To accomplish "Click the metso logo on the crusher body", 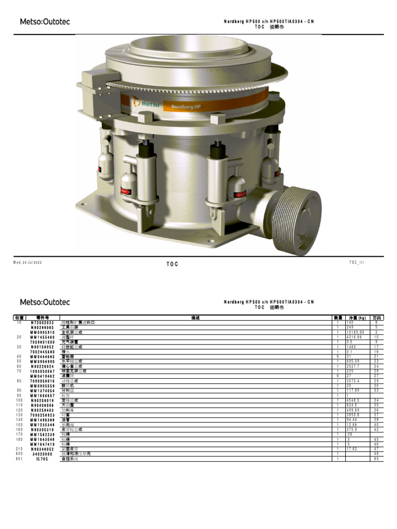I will click(x=146, y=103).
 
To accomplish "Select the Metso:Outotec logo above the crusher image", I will click(x=44, y=22).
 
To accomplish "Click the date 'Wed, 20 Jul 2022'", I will click(x=27, y=262).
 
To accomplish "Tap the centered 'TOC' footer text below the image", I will click(x=172, y=264).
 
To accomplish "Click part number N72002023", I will click(x=42, y=323).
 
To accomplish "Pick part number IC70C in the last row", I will click(x=42, y=459).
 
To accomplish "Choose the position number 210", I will click(x=19, y=449).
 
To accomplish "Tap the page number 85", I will click(x=377, y=459).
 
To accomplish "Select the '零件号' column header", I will click(x=42, y=318).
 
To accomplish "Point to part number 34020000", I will click(x=42, y=454).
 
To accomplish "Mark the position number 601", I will click(x=19, y=459).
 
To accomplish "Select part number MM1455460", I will click(x=42, y=337).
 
